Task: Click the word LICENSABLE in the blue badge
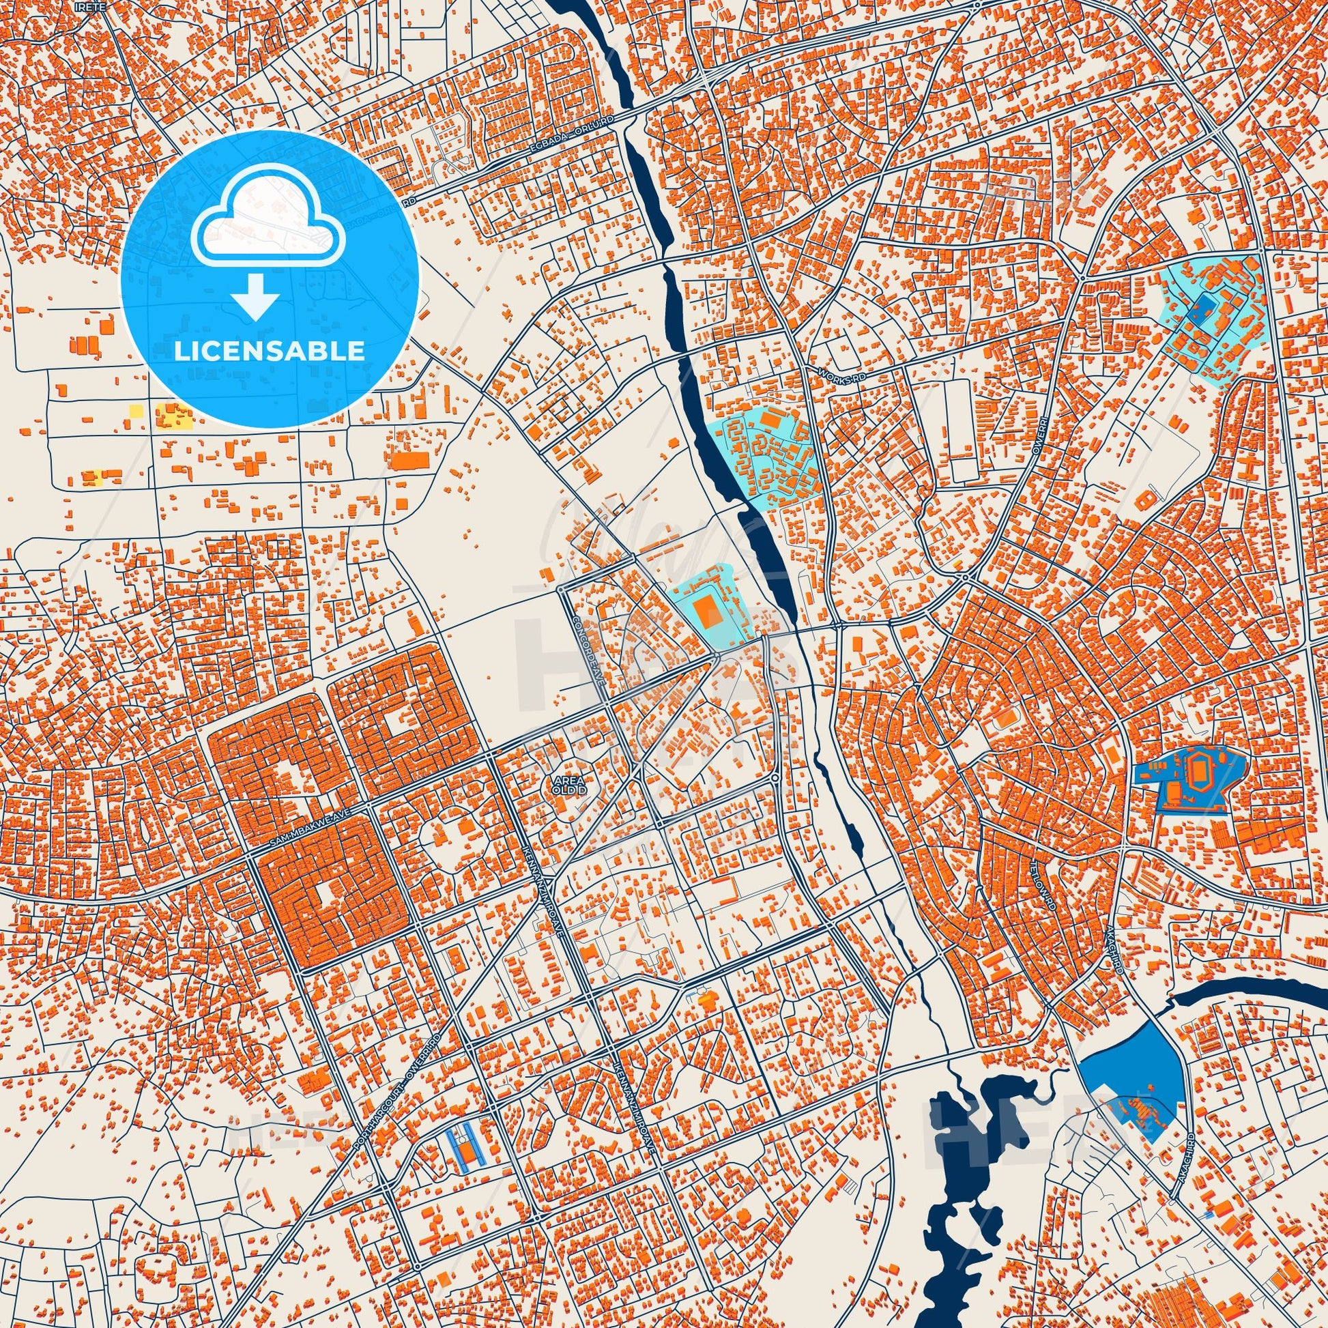[x=270, y=351]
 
